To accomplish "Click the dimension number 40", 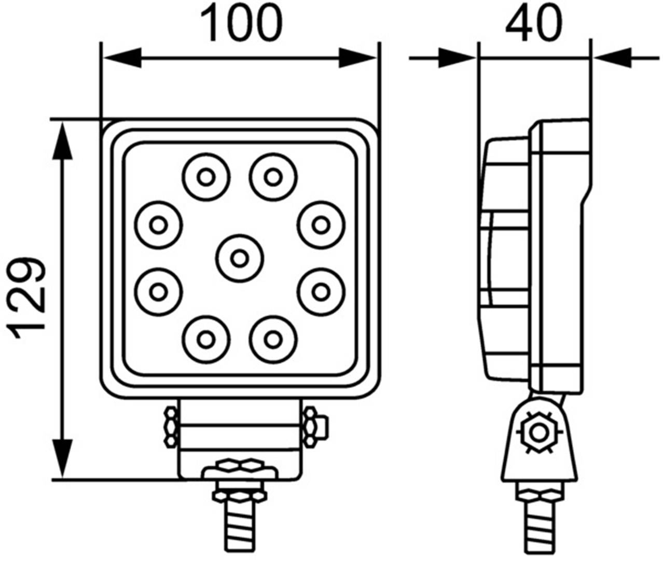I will click(x=533, y=23).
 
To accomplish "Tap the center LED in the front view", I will click(x=239, y=257).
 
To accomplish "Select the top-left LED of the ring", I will click(x=206, y=177).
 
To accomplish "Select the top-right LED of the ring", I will click(x=272, y=177).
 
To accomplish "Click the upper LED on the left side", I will click(x=158, y=225).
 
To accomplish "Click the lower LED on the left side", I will click(x=158, y=291).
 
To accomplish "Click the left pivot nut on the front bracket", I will click(x=170, y=427).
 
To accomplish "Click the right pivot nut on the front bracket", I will click(x=312, y=427).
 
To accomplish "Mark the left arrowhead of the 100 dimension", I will click(x=122, y=58).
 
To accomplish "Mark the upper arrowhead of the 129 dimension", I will click(x=62, y=140).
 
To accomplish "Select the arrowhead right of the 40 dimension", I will click(x=612, y=58).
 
